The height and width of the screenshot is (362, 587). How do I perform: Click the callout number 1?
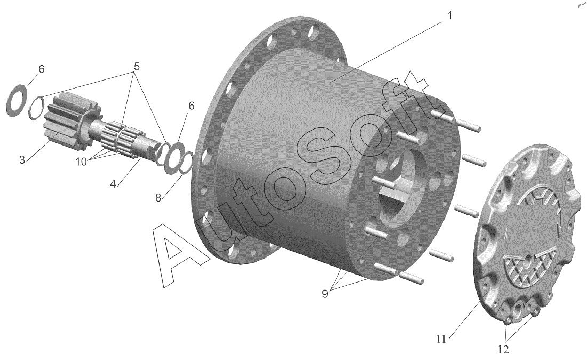click(450, 15)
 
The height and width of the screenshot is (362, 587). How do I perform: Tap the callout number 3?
click(22, 160)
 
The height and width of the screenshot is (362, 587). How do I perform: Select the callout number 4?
click(113, 183)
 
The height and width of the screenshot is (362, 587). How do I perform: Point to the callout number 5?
click(136, 67)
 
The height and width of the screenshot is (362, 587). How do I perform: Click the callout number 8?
click(158, 198)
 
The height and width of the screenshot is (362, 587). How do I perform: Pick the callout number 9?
click(324, 294)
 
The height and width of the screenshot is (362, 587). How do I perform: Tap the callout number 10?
click(81, 162)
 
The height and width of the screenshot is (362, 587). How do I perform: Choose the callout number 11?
click(441, 339)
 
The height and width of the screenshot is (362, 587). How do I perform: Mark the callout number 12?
click(504, 350)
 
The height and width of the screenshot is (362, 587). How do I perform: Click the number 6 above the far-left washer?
click(41, 69)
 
